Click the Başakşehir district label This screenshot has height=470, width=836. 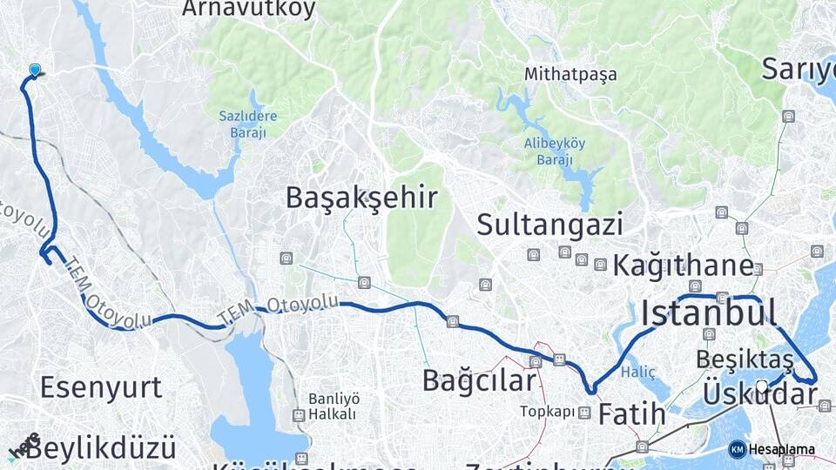361,198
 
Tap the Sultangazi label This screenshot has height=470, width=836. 549,225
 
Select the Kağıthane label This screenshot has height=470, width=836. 683,265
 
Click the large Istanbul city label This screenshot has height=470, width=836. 708,313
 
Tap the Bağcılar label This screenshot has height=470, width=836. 479,380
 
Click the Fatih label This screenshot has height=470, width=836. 631,415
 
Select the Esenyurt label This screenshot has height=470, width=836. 101,386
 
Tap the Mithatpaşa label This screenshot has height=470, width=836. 570,75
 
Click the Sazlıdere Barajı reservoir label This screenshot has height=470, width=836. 241,124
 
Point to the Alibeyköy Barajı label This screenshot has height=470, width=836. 555,151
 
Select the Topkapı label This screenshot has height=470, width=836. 548,412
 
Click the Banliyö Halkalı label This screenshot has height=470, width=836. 332,406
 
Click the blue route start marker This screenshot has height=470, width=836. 35,70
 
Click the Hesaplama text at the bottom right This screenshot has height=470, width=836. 781,450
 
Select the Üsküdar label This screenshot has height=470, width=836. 759,393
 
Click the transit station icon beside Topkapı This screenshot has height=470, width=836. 583,413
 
